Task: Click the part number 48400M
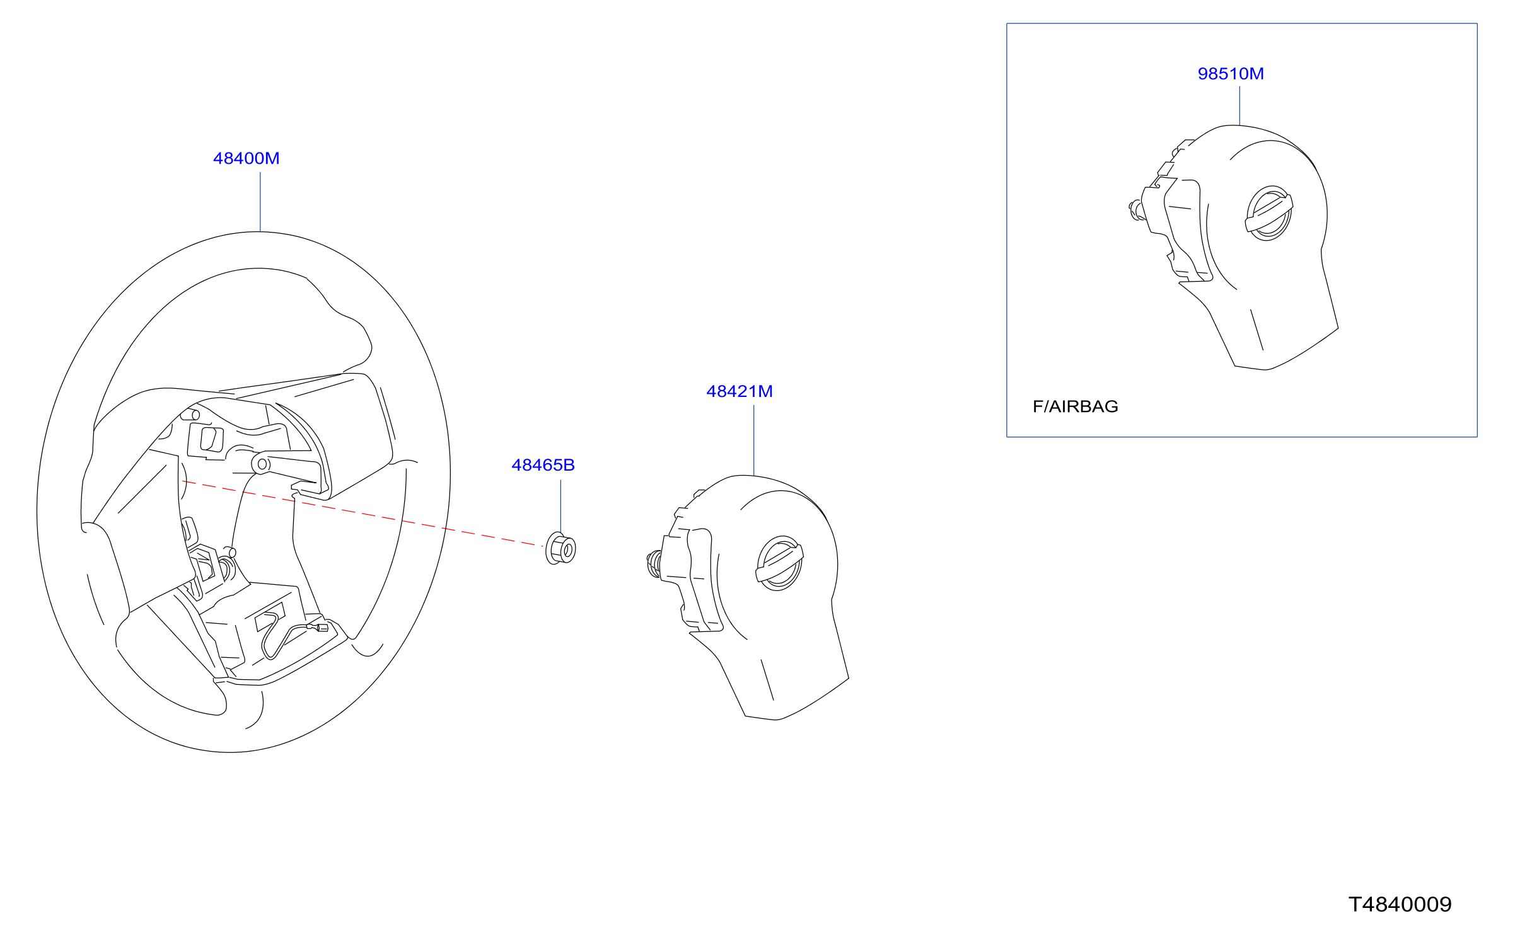(246, 158)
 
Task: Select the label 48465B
(543, 465)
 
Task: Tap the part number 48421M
(740, 391)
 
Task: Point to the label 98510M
(1231, 74)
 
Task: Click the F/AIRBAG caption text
(1076, 406)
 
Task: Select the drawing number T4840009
(1400, 905)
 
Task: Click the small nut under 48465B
(560, 548)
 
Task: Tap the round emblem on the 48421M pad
(780, 563)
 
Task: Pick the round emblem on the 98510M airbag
(1269, 213)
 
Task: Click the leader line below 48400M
(260, 202)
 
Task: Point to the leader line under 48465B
(560, 507)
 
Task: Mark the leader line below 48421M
(754, 440)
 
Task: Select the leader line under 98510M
(1239, 106)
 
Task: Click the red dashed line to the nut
(363, 513)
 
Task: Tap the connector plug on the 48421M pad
(654, 563)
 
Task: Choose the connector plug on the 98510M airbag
(1136, 210)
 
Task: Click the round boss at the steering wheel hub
(261, 464)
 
